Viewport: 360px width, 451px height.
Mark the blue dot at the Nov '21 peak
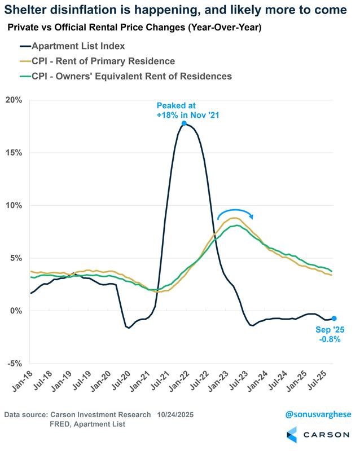(x=184, y=123)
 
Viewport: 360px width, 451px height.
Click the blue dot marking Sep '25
(x=334, y=319)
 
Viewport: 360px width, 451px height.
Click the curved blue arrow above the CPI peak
(x=235, y=213)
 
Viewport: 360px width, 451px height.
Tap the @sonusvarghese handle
(x=317, y=414)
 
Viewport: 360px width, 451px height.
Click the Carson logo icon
(x=292, y=435)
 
